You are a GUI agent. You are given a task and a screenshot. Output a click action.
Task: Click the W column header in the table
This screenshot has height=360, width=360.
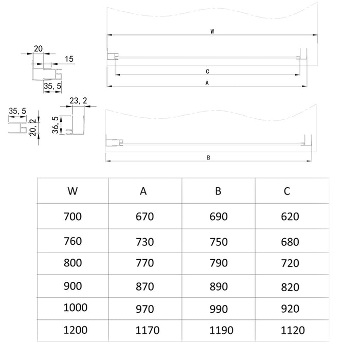pos(73,191)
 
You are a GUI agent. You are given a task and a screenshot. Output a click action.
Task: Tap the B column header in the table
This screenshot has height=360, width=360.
pos(218,191)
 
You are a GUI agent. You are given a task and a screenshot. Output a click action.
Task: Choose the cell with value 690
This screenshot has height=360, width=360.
pos(219,217)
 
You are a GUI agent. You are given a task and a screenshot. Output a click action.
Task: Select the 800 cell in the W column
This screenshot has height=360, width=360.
pos(73,263)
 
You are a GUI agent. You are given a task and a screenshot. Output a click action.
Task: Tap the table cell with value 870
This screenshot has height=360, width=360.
pos(145,286)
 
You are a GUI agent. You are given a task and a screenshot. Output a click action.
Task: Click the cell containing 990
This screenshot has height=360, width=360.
pos(219,309)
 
